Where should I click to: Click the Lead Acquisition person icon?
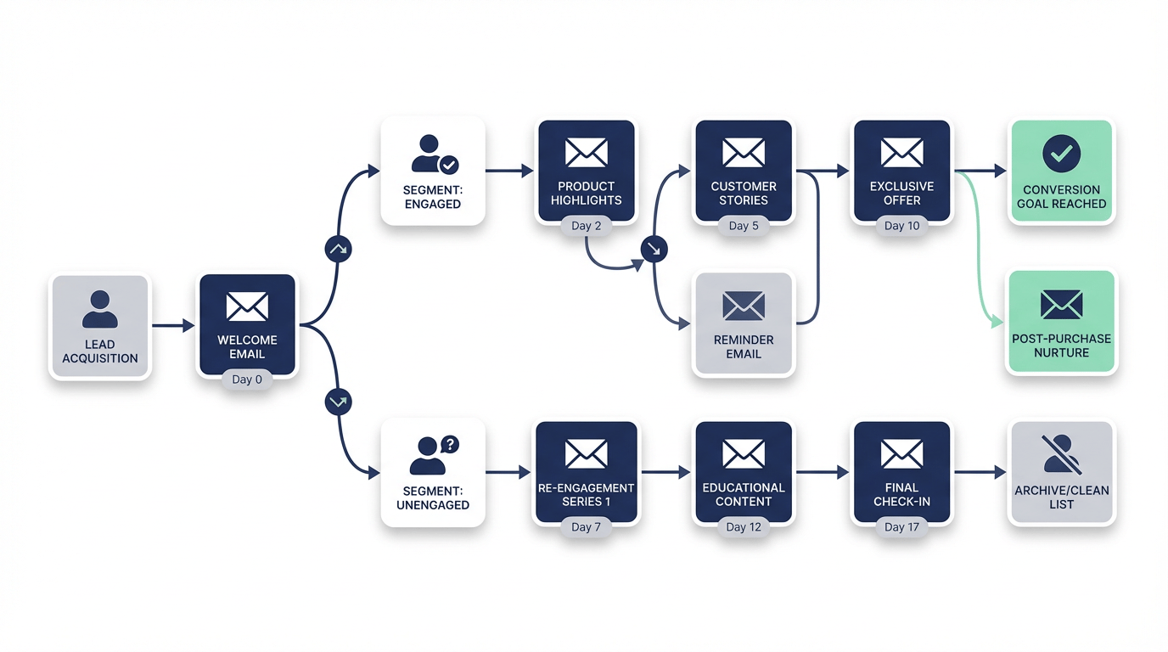tap(99, 309)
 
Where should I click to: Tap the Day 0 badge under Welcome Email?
tap(247, 379)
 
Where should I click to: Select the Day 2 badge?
tap(586, 226)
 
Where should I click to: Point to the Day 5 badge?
tap(744, 226)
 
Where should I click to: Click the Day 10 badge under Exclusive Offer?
tap(901, 226)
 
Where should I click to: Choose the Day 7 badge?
tap(586, 527)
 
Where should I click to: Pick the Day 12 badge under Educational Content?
tap(744, 527)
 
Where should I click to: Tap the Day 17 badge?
tap(901, 527)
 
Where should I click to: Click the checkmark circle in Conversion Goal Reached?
tap(1061, 154)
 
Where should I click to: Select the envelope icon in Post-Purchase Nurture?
tap(1061, 304)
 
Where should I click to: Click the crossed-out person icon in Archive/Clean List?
tap(1061, 453)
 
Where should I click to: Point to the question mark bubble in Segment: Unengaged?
tap(450, 444)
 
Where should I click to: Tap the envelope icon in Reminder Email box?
tap(744, 306)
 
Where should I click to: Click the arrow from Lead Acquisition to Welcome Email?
tap(173, 325)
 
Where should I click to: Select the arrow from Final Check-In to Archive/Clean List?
tap(980, 472)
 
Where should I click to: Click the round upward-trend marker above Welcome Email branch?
tap(338, 250)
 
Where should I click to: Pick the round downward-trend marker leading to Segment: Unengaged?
tap(338, 402)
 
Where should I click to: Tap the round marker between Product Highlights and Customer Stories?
tap(654, 250)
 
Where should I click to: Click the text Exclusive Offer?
tap(901, 194)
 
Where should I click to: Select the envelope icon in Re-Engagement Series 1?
tap(586, 454)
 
